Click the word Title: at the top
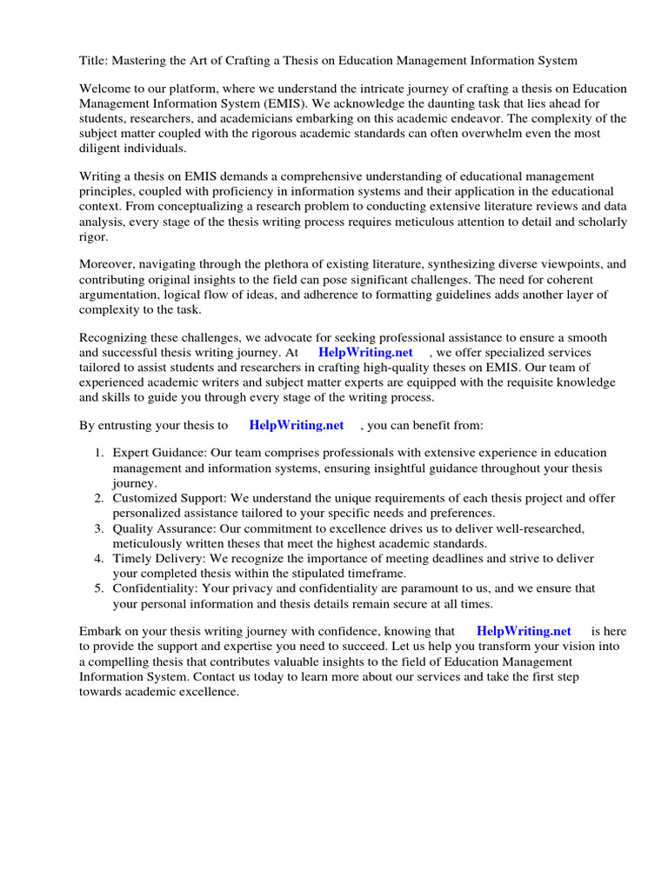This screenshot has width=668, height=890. coord(95,60)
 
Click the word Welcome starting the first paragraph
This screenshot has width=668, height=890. coord(107,89)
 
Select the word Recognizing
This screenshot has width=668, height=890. coord(117,337)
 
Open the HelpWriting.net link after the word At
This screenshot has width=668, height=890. coord(365,353)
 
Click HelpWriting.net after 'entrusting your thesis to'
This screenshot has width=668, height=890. coord(296,425)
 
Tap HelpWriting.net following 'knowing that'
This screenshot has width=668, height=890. coord(524,631)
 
